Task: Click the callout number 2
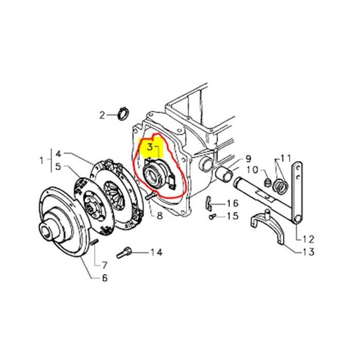pos(102,115)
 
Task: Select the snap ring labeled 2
pos(124,114)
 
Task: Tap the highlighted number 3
pos(150,147)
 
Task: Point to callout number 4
pos(58,154)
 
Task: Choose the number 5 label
pos(58,167)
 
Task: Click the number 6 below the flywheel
pos(105,278)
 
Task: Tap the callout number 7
pos(104,265)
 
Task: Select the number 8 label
pos(160,216)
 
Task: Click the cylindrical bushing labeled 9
pos(224,174)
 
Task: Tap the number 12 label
pos(308,239)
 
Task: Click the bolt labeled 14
pos(124,253)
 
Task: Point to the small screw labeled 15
pos(212,217)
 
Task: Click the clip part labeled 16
pos(209,203)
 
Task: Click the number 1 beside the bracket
pos(41,161)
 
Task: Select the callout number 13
pos(308,252)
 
